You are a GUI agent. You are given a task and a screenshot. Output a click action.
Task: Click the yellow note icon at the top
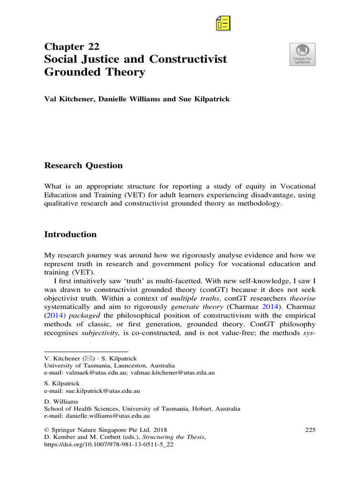tap(223, 22)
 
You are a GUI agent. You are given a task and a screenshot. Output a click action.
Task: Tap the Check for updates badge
tap(302, 54)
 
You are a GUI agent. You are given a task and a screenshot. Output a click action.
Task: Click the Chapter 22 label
tap(72, 46)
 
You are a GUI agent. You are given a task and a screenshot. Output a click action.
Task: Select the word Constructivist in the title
tap(188, 60)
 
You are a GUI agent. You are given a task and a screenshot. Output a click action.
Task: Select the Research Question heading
tap(83, 165)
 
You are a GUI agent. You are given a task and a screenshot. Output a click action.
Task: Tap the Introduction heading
tap(70, 234)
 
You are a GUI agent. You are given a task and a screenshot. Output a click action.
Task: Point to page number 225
tap(310, 429)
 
